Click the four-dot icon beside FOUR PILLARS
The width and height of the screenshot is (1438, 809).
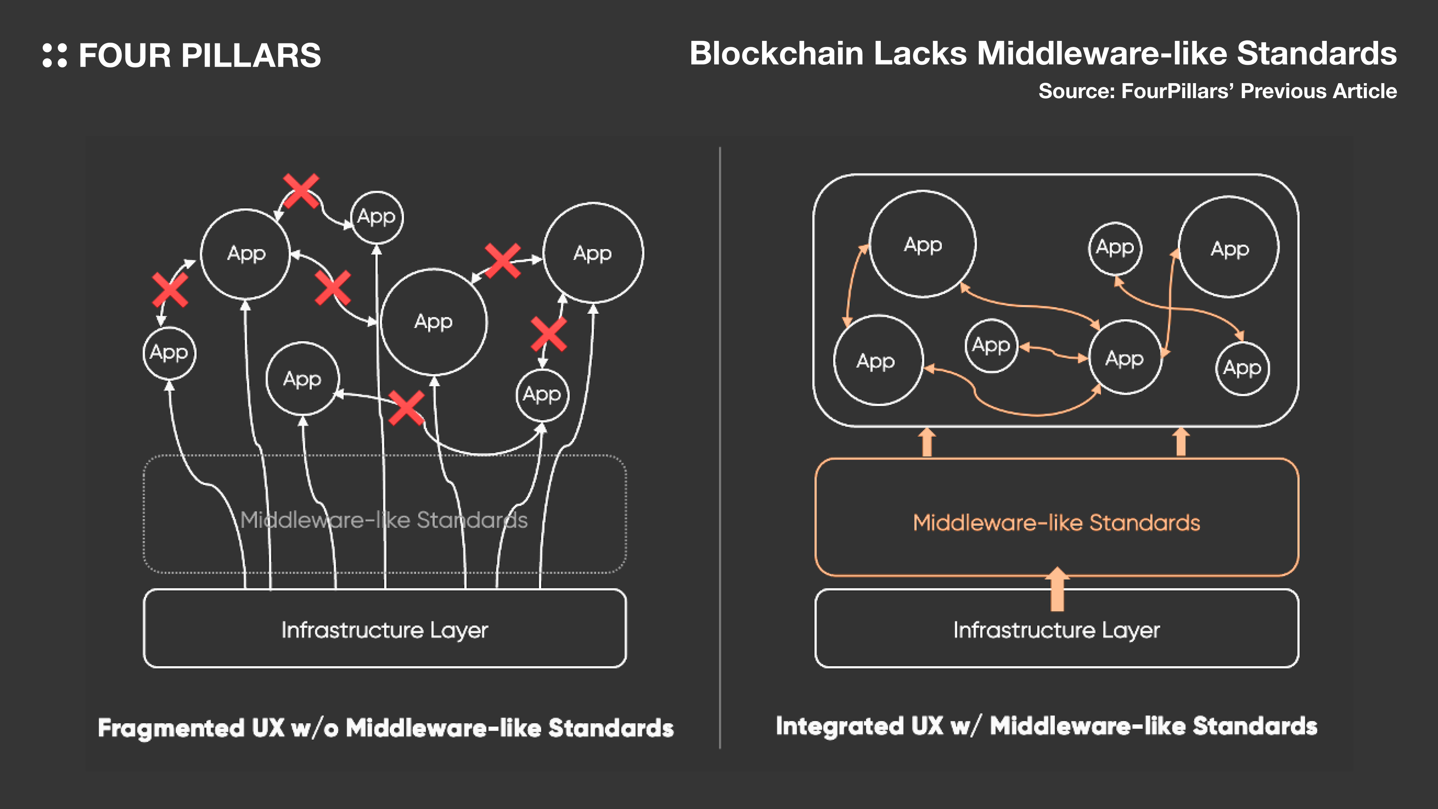pyautogui.click(x=55, y=55)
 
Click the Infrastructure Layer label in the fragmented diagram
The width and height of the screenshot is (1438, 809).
pyautogui.click(x=385, y=630)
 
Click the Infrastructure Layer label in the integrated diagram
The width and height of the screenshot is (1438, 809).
pyautogui.click(x=1056, y=630)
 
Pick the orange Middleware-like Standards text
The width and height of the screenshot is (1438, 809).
pyautogui.click(x=1056, y=522)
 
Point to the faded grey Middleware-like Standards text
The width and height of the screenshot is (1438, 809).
pyautogui.click(x=384, y=520)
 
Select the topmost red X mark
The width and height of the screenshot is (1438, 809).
pyautogui.click(x=301, y=190)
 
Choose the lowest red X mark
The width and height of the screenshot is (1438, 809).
pyautogui.click(x=406, y=407)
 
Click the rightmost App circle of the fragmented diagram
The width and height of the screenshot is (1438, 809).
pyautogui.click(x=593, y=253)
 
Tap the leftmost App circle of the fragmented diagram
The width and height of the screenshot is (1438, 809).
pyautogui.click(x=169, y=353)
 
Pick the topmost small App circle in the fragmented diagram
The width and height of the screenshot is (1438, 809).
pyautogui.click(x=377, y=216)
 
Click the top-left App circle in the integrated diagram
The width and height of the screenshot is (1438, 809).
pyautogui.click(x=923, y=244)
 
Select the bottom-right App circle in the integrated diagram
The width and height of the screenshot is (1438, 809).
pyautogui.click(x=1242, y=368)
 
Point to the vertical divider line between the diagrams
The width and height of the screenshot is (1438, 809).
pyautogui.click(x=720, y=447)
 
